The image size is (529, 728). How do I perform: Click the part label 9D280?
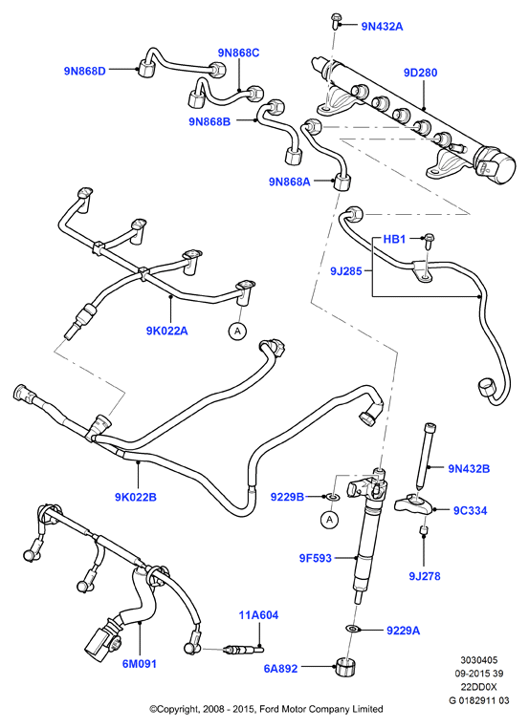(x=420, y=73)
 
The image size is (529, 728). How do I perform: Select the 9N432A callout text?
(x=382, y=27)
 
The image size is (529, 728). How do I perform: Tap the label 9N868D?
(x=85, y=71)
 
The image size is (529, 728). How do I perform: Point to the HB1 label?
(x=394, y=239)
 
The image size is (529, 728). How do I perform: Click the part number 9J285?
(x=346, y=270)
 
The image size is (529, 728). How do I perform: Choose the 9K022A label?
(x=166, y=331)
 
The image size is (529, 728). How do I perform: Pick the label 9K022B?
(x=136, y=497)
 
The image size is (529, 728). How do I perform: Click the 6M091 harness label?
(x=140, y=664)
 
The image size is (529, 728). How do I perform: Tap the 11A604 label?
(x=258, y=615)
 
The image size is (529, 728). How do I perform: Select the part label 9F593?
(x=315, y=558)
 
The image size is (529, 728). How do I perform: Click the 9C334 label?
(x=470, y=511)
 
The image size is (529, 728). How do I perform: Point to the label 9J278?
(x=425, y=576)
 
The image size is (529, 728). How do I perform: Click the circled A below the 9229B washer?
(x=330, y=520)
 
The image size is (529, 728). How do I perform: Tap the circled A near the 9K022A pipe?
(x=237, y=331)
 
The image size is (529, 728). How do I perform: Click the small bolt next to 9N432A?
(x=337, y=20)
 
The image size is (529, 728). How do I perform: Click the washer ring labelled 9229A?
(x=353, y=629)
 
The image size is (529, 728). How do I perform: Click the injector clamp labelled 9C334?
(x=414, y=504)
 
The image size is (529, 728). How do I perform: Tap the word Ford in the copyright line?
(x=268, y=709)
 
